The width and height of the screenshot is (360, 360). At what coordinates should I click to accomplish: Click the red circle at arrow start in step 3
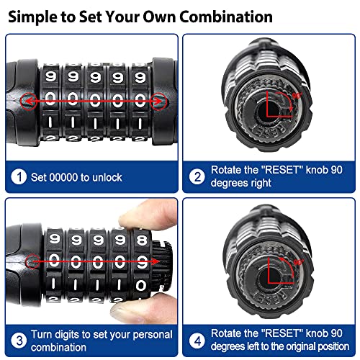pyautogui.click(x=30, y=261)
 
